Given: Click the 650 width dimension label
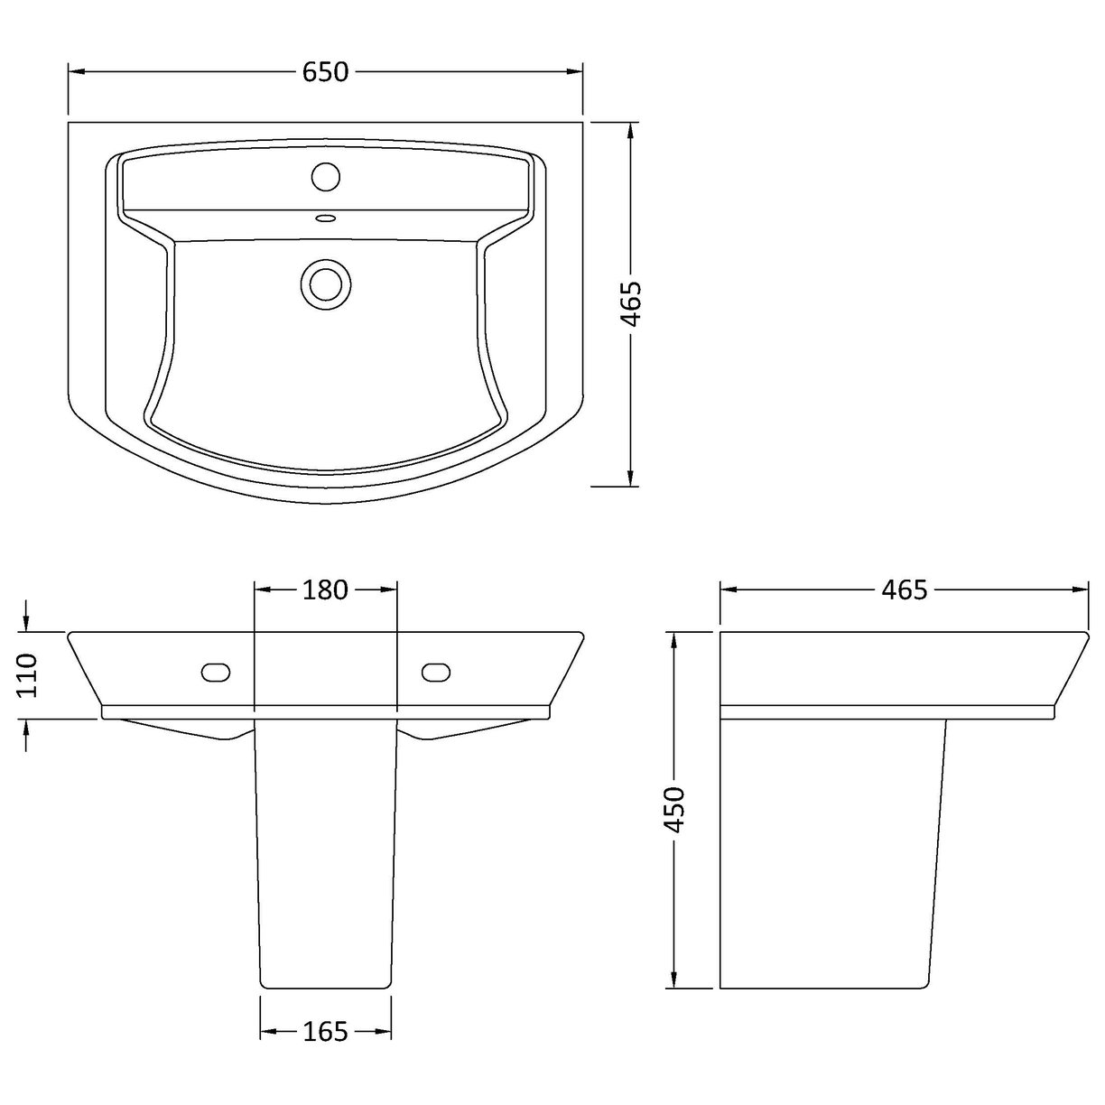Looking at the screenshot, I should click(x=326, y=72).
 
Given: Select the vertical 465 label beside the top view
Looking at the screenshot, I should click(x=631, y=304).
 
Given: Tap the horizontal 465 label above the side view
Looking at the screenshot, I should click(x=905, y=590).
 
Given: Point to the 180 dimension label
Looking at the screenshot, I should click(x=326, y=590).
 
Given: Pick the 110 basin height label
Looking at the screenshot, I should click(x=26, y=674).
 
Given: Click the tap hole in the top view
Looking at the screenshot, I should click(x=325, y=175).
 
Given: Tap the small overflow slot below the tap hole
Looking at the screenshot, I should click(x=325, y=217).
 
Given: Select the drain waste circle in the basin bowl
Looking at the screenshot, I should click(x=324, y=282).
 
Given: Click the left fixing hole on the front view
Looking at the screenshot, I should click(x=216, y=672).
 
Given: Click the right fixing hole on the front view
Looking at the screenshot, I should click(x=436, y=672).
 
